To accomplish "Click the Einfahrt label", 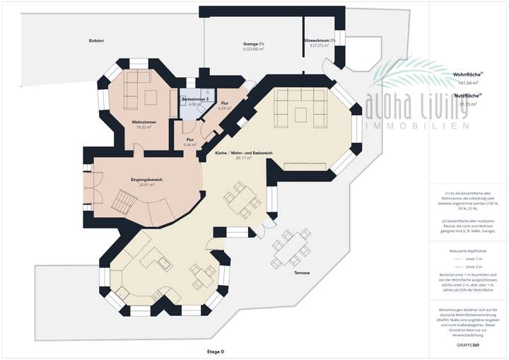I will (x=97, y=40).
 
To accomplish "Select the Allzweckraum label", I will (x=316, y=40).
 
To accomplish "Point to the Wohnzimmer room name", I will (x=144, y=123).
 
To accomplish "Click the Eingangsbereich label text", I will (x=147, y=180).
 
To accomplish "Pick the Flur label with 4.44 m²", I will (x=190, y=140).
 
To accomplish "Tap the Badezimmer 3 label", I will (x=195, y=100).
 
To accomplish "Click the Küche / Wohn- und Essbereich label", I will (x=238, y=153).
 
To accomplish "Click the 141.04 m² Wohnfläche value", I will (x=467, y=83).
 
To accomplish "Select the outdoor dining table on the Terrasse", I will (x=292, y=245).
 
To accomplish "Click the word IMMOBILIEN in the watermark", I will (x=417, y=125).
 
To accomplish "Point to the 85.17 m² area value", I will (x=238, y=158).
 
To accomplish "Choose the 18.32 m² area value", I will (x=144, y=129).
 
